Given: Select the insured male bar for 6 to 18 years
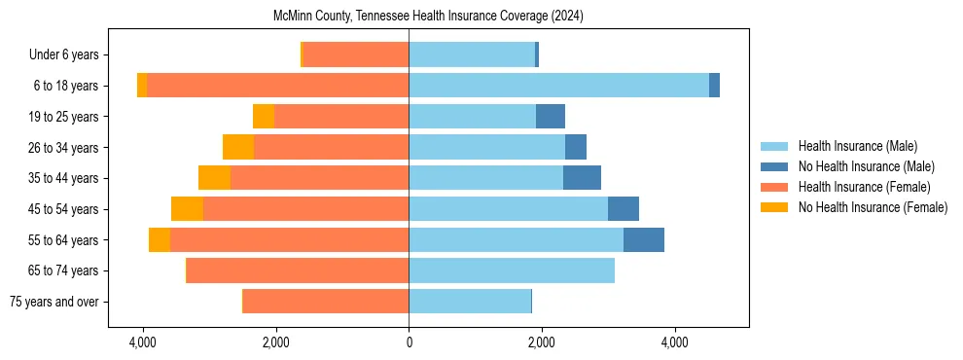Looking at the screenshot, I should [558, 86].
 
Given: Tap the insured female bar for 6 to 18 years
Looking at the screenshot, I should [277, 86].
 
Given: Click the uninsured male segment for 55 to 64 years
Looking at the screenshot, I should [643, 239].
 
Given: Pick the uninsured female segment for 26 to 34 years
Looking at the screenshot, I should [238, 147].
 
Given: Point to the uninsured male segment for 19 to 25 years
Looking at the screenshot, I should [550, 117].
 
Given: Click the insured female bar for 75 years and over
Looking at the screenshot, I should [326, 302].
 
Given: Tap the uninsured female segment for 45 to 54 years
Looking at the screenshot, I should [187, 209].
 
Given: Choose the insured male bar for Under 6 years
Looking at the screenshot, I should [472, 55].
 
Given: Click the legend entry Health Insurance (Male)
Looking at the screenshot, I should [857, 146].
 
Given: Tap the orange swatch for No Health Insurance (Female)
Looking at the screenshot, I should [775, 207].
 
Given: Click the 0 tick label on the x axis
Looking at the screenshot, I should [409, 342].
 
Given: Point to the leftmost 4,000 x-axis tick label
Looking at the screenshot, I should [143, 342].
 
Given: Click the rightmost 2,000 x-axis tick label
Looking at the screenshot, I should [542, 342].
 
